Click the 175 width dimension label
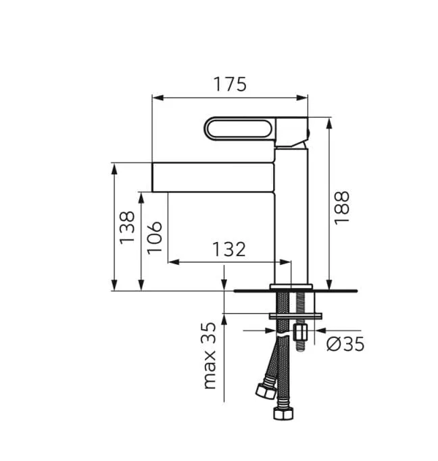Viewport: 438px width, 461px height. click(x=230, y=84)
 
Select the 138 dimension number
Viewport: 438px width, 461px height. click(x=126, y=228)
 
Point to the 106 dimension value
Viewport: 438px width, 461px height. click(x=155, y=237)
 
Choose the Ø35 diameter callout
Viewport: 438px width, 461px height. click(x=345, y=344)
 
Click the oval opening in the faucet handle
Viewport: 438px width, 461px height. click(x=239, y=128)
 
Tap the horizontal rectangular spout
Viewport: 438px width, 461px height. click(x=212, y=177)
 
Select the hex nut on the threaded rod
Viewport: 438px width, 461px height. click(x=301, y=333)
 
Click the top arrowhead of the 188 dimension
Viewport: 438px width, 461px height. click(x=330, y=122)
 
